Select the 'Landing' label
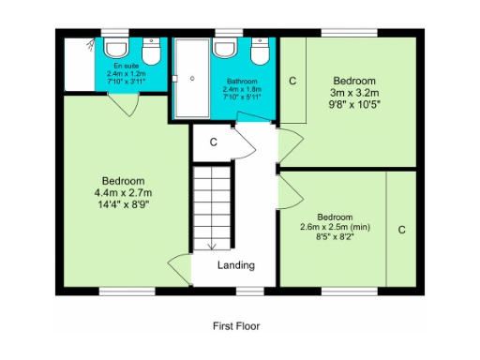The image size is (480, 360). [x=235, y=264]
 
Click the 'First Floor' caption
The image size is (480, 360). [x=235, y=327]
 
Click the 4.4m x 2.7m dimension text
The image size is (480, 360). [x=123, y=193]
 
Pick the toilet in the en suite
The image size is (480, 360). [x=117, y=48]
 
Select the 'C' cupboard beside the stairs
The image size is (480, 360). [x=213, y=142]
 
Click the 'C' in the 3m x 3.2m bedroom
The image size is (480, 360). [x=292, y=82]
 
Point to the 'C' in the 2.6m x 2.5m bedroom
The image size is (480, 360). [x=401, y=230]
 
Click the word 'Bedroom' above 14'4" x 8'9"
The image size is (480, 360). [x=123, y=181]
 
